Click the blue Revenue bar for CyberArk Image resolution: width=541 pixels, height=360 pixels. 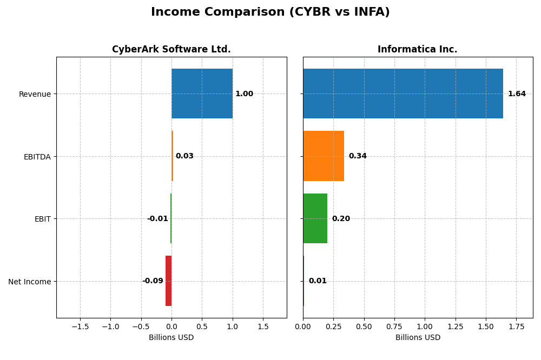[202, 94]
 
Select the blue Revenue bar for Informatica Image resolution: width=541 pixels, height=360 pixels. [403, 94]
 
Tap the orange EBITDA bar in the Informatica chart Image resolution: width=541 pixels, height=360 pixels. [324, 156]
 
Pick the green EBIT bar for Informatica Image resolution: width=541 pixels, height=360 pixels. [315, 218]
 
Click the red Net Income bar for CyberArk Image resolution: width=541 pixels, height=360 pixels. [168, 281]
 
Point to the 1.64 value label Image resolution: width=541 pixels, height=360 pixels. [517, 94]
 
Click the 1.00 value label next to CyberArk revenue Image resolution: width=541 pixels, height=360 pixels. [244, 94]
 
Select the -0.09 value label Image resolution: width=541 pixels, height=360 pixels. [153, 281]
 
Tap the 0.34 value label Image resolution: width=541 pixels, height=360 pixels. [358, 156]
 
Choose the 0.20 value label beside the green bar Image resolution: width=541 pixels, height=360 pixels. [341, 219]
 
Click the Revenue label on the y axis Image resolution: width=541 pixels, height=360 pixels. [35, 94]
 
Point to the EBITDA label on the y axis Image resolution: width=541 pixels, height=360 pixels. [37, 157]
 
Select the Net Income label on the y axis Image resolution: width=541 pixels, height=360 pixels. [30, 282]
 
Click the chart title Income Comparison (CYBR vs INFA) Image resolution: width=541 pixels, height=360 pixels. [270, 12]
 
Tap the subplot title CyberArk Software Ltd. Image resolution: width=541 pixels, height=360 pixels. [171, 50]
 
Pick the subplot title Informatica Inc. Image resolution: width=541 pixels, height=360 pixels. [417, 50]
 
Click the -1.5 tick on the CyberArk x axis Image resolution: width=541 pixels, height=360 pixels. [80, 326]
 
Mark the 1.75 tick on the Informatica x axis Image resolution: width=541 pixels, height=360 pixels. [516, 326]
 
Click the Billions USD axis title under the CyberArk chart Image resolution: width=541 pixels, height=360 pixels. [171, 338]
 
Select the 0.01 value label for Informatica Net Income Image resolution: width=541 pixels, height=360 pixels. [318, 281]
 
